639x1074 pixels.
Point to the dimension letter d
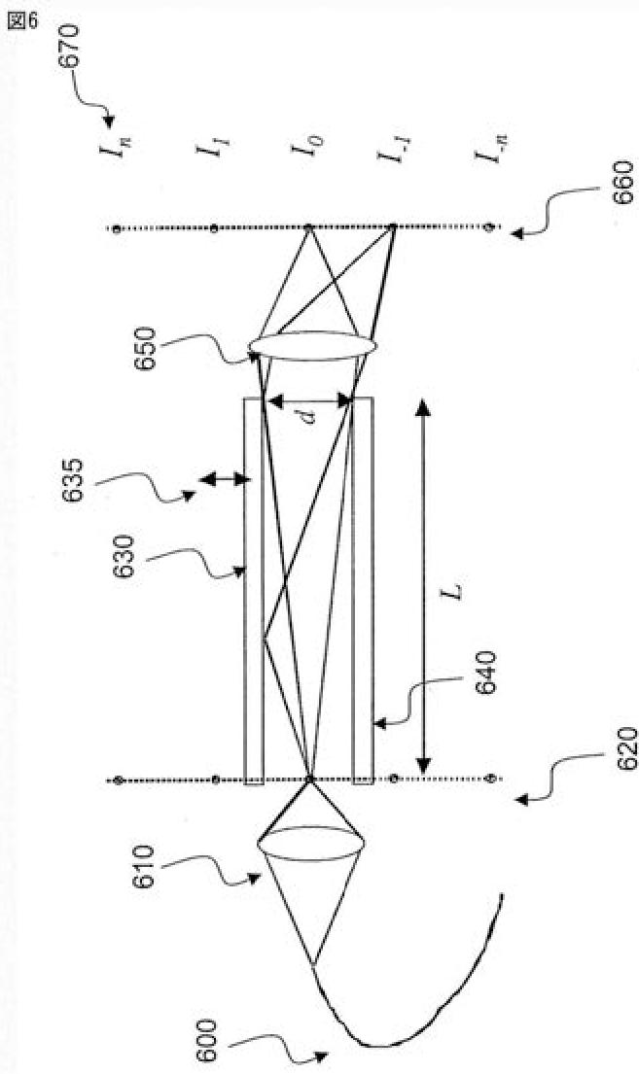coord(308,415)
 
